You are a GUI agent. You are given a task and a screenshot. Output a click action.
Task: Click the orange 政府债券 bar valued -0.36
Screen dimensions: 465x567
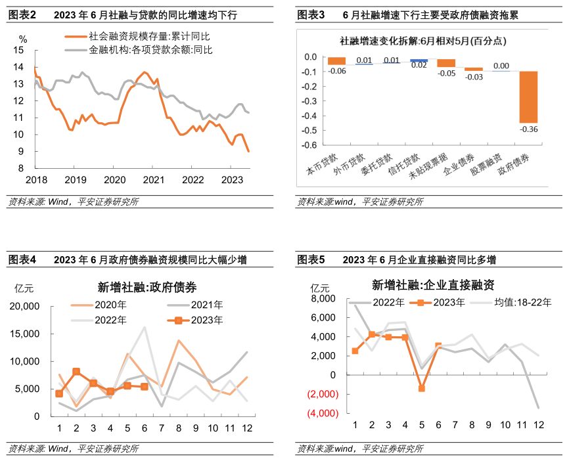click(528, 97)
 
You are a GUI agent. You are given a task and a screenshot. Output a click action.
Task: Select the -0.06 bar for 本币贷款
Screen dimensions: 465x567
click(337, 61)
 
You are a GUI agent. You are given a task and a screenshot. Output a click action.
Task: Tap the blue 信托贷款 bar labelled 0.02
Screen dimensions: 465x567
click(419, 60)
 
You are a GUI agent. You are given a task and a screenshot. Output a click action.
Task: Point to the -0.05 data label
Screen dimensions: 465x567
click(446, 74)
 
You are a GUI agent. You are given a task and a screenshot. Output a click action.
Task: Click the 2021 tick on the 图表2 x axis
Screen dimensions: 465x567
click(153, 179)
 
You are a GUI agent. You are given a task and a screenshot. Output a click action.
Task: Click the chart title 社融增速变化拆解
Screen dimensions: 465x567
click(422, 41)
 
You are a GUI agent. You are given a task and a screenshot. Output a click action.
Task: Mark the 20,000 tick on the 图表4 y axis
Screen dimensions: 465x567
click(24, 307)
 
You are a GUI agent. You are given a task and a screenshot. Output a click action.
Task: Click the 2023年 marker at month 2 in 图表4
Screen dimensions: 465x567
click(76, 372)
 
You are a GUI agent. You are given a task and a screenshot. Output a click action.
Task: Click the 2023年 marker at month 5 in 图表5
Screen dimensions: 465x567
click(421, 388)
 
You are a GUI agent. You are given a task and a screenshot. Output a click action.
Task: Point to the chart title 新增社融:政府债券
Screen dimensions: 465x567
click(147, 287)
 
